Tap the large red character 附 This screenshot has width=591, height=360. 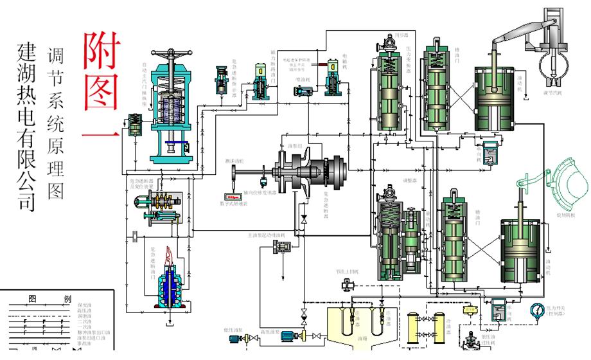pos(100,51)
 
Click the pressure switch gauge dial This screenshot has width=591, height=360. pos(536,310)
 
